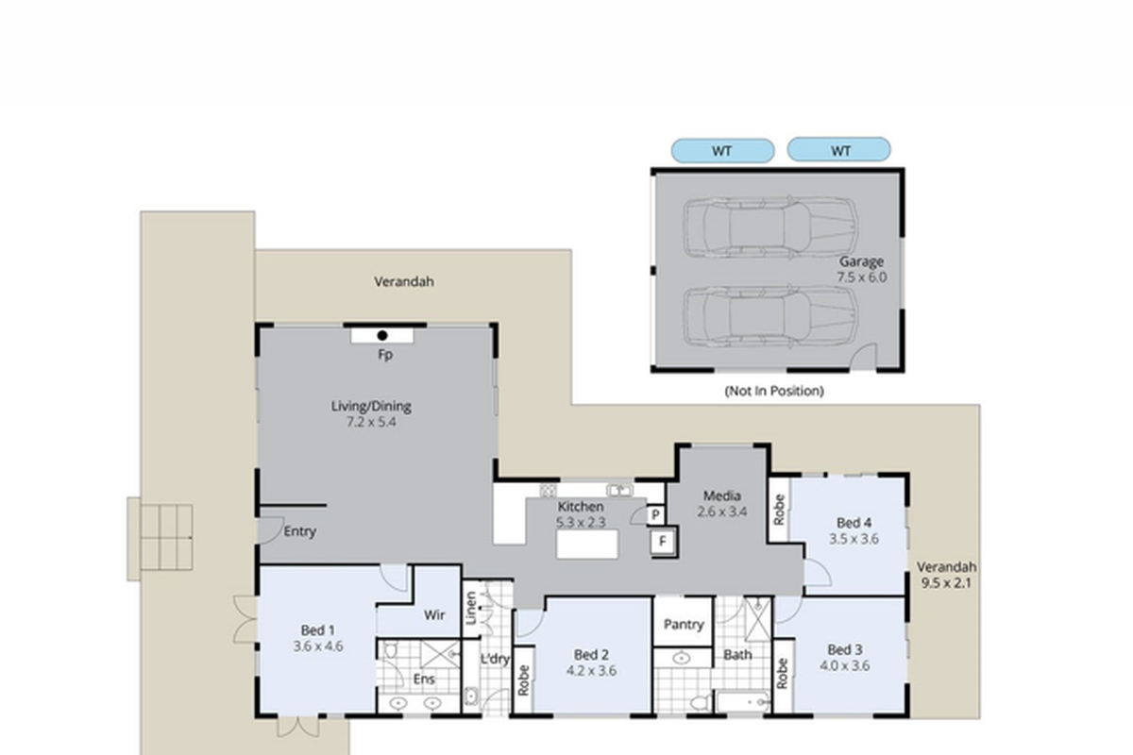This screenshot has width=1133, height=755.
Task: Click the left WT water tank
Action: (722, 151)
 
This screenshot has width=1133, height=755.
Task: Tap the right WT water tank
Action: (838, 150)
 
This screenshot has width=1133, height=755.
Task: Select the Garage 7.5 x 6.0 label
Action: (861, 270)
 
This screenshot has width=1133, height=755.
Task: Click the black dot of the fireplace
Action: (382, 335)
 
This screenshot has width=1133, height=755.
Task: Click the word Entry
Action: (299, 531)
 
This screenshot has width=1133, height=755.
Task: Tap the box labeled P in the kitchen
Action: (655, 514)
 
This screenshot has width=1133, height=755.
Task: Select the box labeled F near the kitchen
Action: (662, 542)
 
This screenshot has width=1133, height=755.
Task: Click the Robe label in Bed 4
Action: (778, 510)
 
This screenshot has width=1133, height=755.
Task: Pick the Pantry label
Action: (684, 625)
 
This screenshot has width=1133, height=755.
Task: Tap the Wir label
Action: (434, 615)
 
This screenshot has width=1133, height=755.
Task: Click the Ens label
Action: (423, 679)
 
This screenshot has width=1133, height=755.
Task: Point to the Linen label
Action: (470, 609)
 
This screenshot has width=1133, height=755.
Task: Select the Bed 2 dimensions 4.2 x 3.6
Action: (591, 671)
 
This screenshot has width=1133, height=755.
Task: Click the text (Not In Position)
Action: (774, 391)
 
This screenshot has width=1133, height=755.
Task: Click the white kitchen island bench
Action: (586, 545)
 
